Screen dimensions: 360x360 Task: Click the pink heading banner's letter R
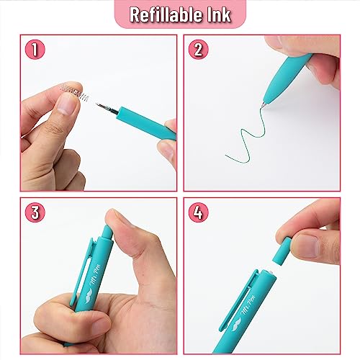(132, 14)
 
